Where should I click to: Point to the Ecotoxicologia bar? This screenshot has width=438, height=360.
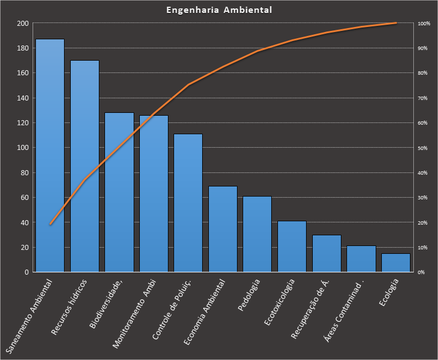(292, 247)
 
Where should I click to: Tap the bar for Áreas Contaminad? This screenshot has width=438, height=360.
(361, 259)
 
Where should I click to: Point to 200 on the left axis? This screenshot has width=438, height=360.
(22, 24)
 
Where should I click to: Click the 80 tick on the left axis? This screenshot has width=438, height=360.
(24, 173)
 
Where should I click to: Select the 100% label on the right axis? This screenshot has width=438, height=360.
(423, 24)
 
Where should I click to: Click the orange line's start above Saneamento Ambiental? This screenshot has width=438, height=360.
(50, 224)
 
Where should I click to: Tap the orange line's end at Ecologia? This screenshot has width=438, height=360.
(396, 23)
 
